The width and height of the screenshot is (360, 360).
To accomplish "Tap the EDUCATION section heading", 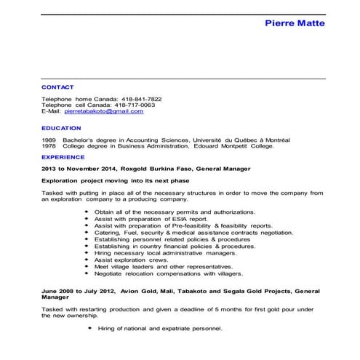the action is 61,128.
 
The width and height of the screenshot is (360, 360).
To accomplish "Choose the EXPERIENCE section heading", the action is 63,156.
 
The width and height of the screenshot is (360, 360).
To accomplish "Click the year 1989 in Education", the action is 49,140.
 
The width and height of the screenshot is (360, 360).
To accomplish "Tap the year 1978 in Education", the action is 49,145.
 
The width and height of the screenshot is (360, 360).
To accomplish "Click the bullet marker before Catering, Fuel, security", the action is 87,232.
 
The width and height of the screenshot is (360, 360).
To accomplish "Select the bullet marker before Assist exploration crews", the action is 87,260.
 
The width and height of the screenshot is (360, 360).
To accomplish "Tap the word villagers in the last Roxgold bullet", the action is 246,273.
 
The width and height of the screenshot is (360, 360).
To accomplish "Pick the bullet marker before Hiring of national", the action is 91,329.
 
